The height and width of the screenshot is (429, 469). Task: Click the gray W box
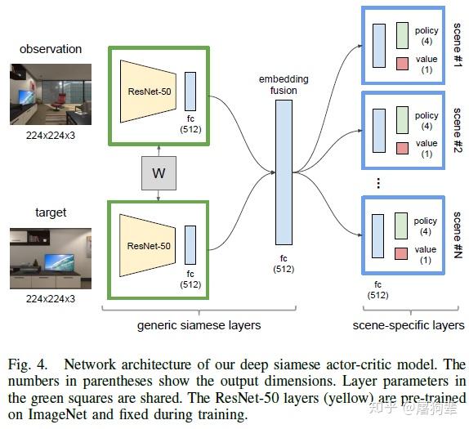tap(159, 173)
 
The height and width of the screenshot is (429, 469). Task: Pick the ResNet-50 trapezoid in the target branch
tap(147, 244)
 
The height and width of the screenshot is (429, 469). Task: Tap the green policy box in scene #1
tap(402, 36)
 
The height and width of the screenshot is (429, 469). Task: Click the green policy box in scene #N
tap(401, 226)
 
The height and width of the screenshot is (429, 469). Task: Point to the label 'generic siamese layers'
tap(199, 325)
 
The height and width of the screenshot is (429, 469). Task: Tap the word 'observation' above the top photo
tap(50, 49)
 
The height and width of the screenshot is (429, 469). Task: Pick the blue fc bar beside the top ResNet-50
tap(190, 90)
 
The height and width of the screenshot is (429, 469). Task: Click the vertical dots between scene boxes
tap(378, 184)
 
